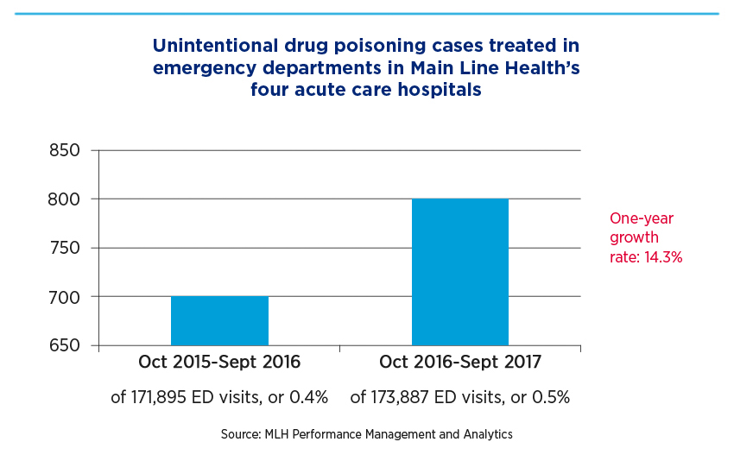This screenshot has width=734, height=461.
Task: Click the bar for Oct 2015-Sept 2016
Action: (x=219, y=320)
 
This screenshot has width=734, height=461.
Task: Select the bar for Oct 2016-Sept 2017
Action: (x=460, y=272)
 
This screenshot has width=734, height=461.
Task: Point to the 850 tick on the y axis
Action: (x=65, y=151)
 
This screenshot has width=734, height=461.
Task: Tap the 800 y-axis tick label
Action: (x=64, y=199)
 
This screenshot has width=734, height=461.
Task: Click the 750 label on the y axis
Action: (x=65, y=248)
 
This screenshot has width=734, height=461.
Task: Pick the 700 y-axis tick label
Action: (x=65, y=297)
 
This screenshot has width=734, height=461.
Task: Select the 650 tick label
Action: (x=65, y=345)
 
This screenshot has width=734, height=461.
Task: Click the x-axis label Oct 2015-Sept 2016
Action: (x=219, y=362)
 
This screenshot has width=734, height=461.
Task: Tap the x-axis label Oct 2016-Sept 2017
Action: (x=460, y=362)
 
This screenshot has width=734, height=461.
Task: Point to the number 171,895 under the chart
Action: (x=159, y=397)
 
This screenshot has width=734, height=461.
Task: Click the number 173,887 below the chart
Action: (x=400, y=397)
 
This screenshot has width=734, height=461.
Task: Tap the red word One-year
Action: (x=642, y=218)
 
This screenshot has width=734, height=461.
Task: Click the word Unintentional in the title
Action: (x=216, y=46)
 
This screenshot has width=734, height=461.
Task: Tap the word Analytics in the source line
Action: (x=488, y=434)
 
